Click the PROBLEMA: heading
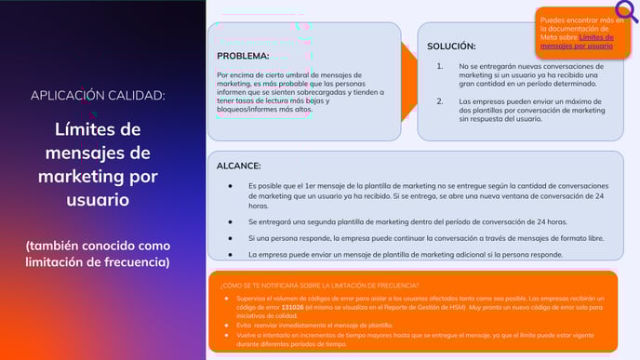click(x=243, y=56)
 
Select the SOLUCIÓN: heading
click(x=451, y=47)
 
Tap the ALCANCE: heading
click(x=238, y=166)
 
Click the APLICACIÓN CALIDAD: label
click(x=98, y=95)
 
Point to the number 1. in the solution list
click(x=440, y=67)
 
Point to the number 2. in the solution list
click(x=440, y=100)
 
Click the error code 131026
click(x=292, y=306)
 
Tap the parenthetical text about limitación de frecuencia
click(x=98, y=253)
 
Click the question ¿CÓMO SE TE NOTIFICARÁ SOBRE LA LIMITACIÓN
click(x=320, y=285)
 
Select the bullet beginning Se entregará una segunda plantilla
click(x=407, y=221)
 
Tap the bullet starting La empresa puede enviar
click(x=405, y=254)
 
